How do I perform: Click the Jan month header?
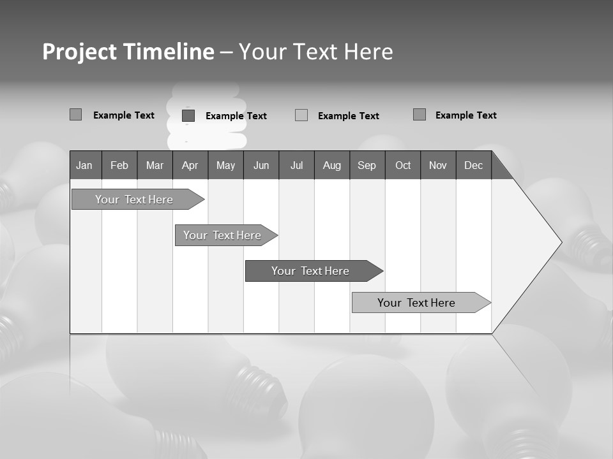[x=85, y=165]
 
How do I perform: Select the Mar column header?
[x=155, y=165]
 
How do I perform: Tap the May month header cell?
[x=225, y=165]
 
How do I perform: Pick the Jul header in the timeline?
[x=296, y=165]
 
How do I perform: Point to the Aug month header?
[x=331, y=165]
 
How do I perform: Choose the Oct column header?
[x=402, y=165]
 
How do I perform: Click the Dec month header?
[x=473, y=165]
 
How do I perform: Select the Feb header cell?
[x=119, y=165]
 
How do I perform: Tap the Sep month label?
[x=367, y=165]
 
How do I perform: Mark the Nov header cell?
[x=438, y=165]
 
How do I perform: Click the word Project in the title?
[x=80, y=52]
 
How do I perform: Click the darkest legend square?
[x=188, y=115]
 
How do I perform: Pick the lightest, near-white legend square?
[x=301, y=115]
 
